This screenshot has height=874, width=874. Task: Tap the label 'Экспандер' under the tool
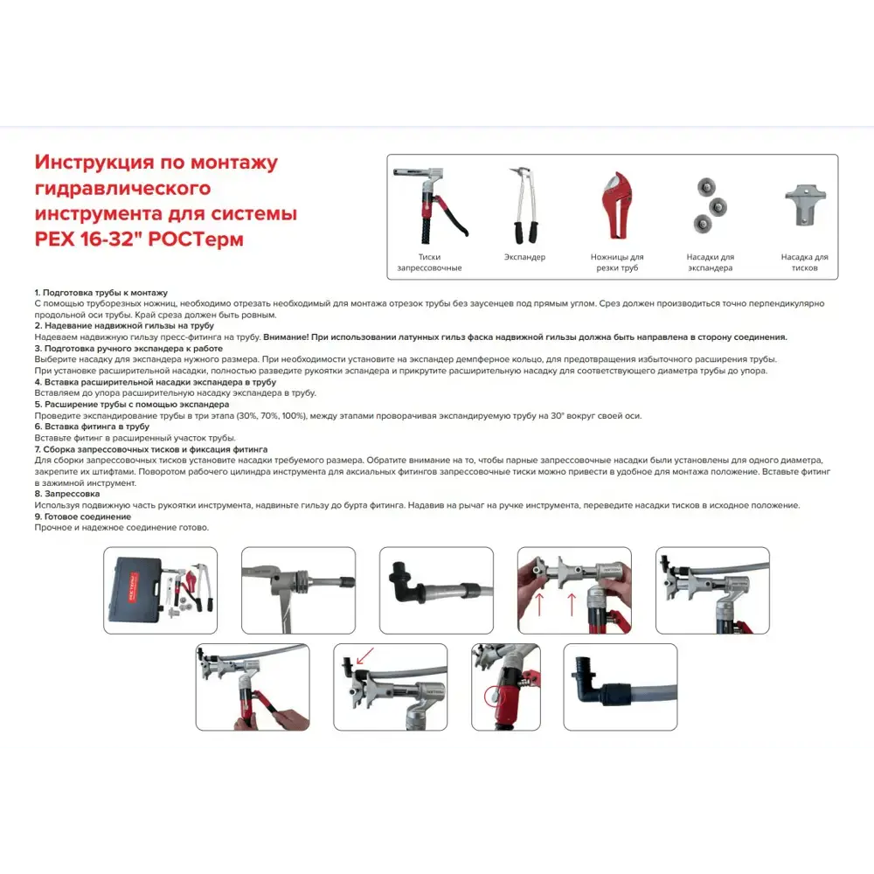pos(524,258)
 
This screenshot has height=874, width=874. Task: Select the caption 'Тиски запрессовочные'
pos(429,262)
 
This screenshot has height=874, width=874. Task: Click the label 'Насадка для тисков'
pos(804,262)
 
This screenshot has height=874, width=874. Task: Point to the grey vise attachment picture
pos(803,204)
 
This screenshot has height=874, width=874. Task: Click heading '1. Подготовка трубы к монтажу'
pos(101,292)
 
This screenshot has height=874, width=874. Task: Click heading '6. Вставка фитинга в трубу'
pos(92,427)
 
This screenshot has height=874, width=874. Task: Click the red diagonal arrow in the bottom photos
pos(364,655)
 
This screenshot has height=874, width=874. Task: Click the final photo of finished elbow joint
pos(620,687)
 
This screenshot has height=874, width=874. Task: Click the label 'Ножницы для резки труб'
pos(617,262)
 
